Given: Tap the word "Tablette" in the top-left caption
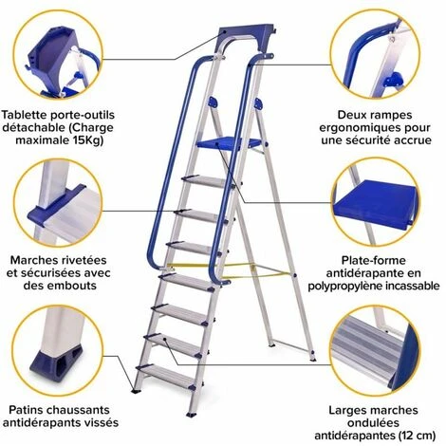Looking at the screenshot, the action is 24,115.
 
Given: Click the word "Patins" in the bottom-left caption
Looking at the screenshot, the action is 26,410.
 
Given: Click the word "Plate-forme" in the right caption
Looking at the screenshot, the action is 373,260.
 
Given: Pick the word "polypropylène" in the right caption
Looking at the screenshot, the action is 345,286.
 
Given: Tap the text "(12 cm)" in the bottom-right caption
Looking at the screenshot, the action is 418,436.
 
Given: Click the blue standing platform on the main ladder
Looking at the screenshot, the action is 229,143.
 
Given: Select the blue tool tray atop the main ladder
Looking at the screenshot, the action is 245,38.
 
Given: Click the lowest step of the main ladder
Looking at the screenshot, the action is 166,377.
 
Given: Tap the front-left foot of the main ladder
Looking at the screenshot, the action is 137,391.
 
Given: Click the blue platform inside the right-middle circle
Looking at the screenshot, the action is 376,202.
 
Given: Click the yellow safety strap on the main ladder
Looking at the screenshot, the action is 231,269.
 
